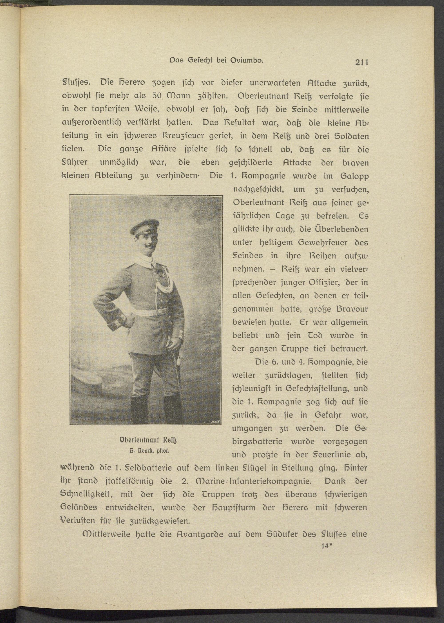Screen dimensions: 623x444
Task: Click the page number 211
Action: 362,62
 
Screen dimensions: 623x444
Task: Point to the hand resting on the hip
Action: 129,320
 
